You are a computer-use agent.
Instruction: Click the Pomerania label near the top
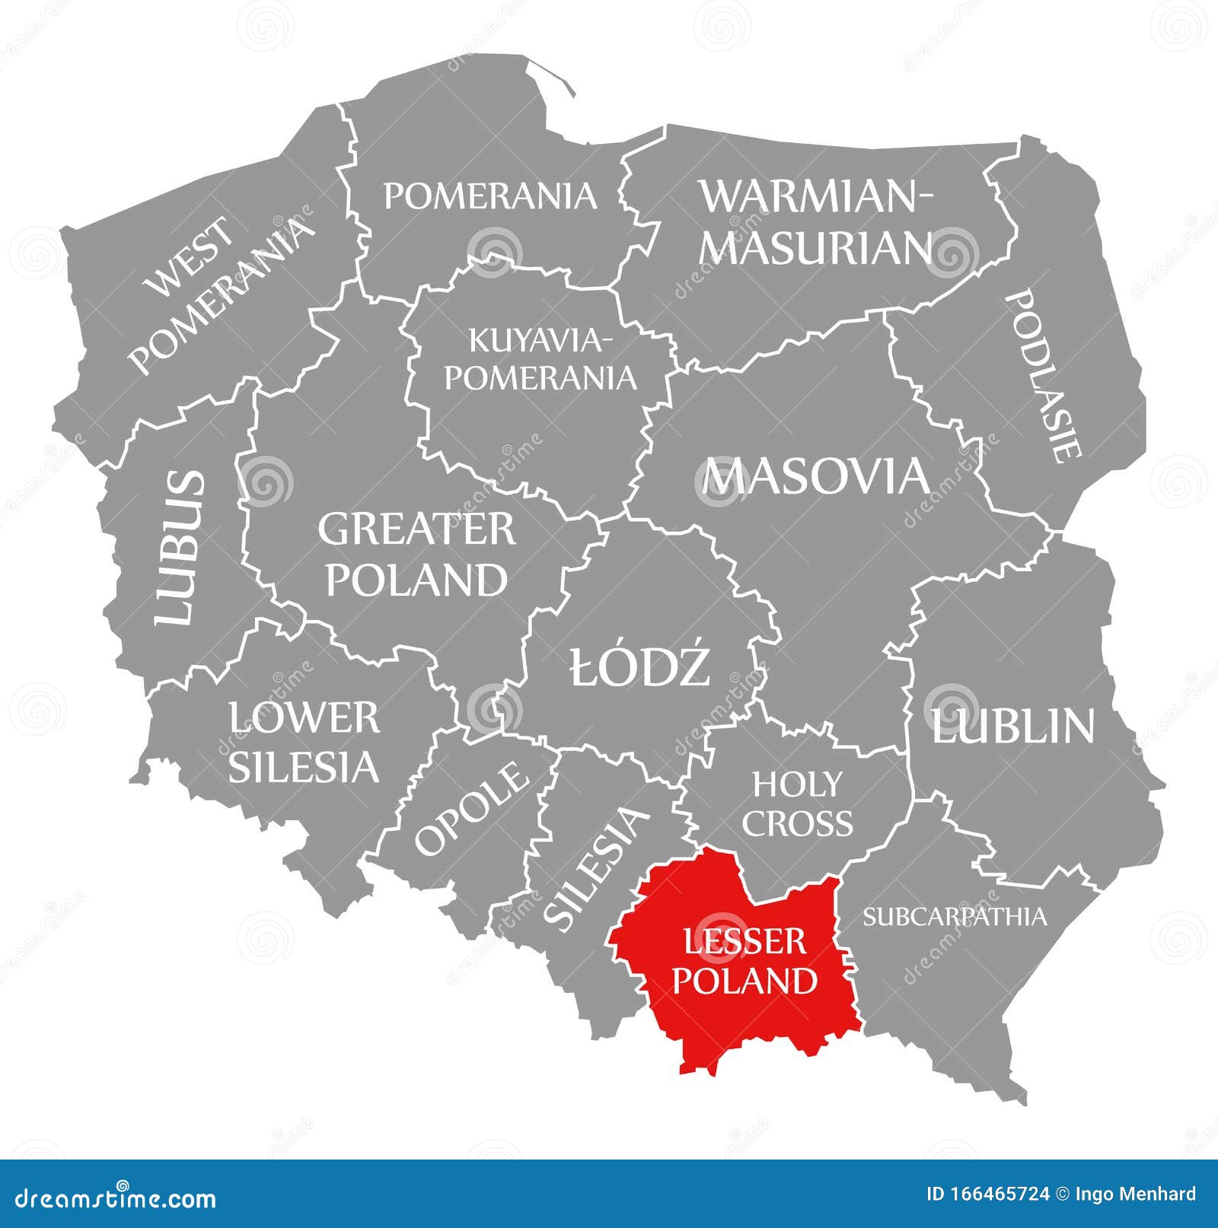click(x=489, y=196)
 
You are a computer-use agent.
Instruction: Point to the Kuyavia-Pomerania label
click(x=540, y=358)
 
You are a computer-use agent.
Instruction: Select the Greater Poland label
click(x=416, y=554)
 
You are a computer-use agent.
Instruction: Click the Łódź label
click(x=640, y=666)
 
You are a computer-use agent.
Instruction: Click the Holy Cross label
click(x=797, y=803)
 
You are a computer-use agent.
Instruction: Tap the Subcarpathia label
click(x=955, y=916)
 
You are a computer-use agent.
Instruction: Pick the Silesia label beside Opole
click(x=597, y=868)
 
